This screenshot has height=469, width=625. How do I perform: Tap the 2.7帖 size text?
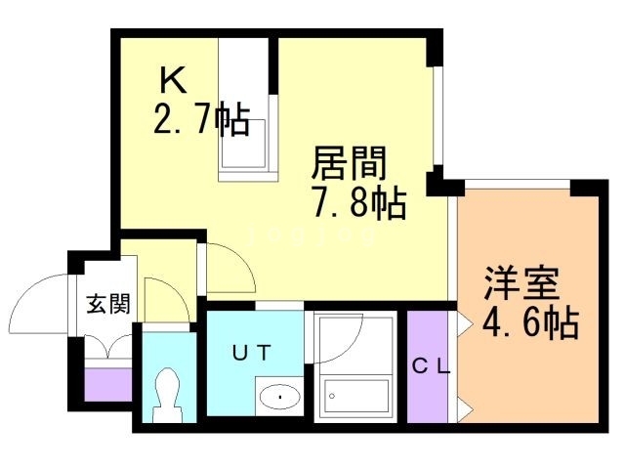coord(200,121)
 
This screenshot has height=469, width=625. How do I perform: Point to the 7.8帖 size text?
coord(357,204)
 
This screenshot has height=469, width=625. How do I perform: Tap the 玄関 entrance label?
coord(107,305)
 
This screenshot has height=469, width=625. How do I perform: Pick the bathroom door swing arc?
coord(337,337)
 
